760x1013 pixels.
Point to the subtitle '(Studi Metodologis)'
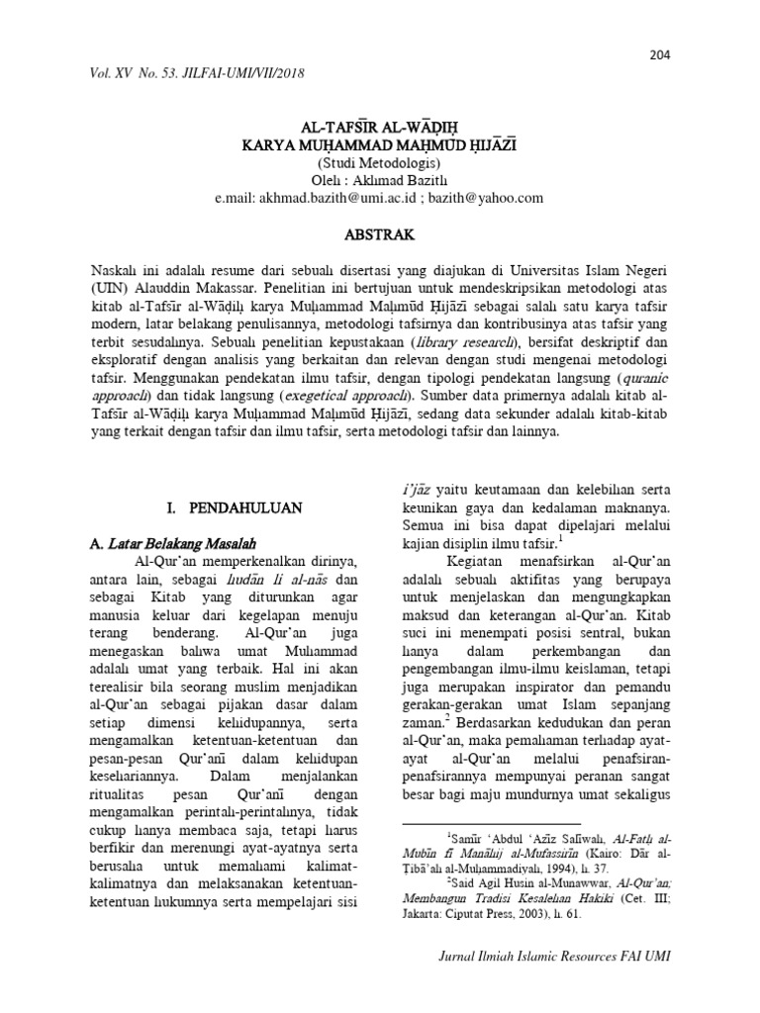click(379, 162)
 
